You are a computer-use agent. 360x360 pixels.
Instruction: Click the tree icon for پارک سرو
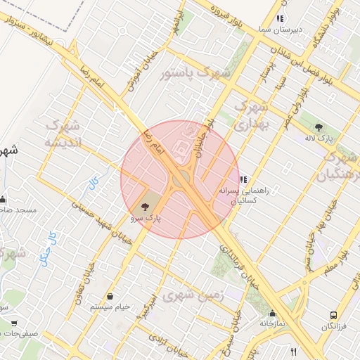[145, 207]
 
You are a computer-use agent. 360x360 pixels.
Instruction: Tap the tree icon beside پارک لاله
[319, 127]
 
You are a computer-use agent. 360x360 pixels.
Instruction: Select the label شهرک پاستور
[189, 72]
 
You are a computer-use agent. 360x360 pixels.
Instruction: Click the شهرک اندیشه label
[63, 133]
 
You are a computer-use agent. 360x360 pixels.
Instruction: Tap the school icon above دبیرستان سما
[280, 19]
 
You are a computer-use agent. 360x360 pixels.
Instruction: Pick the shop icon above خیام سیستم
[111, 296]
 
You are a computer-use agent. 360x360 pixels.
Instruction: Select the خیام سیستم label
[113, 307]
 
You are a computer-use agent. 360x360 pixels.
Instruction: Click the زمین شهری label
[193, 297]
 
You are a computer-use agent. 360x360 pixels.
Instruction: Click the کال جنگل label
[51, 243]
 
